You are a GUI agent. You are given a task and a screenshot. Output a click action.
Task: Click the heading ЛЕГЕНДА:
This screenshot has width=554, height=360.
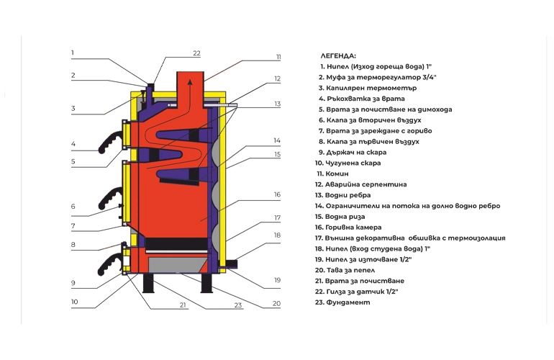click(338, 56)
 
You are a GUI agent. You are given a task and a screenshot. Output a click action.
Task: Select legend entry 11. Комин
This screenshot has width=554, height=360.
click(332, 174)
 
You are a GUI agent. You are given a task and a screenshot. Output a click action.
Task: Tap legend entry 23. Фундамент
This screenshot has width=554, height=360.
click(342, 302)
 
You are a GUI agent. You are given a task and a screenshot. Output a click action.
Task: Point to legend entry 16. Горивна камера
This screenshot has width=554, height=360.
click(348, 228)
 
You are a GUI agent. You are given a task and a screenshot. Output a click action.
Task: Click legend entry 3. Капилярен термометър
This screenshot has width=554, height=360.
click(368, 88)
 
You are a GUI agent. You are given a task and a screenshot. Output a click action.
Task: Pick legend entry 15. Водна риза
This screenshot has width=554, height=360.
click(340, 217)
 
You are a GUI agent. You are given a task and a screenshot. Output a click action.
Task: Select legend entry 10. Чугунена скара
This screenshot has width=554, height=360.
click(348, 163)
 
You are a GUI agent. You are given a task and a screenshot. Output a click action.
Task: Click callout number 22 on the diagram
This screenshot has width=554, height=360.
click(197, 53)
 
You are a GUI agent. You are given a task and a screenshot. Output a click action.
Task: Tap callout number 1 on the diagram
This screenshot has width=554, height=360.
click(73, 53)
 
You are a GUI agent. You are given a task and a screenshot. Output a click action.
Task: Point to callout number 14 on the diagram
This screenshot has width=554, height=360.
click(277, 140)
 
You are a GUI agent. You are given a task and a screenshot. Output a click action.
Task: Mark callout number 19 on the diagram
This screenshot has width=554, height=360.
click(277, 280)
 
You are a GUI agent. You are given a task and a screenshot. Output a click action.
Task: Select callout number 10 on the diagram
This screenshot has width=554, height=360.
click(74, 302)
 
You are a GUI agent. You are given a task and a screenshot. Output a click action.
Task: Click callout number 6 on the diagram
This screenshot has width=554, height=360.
click(73, 206)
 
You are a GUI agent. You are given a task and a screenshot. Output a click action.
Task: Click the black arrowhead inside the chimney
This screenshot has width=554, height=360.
click(190, 82)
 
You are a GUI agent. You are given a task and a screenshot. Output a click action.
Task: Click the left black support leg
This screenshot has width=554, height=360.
click(148, 283)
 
